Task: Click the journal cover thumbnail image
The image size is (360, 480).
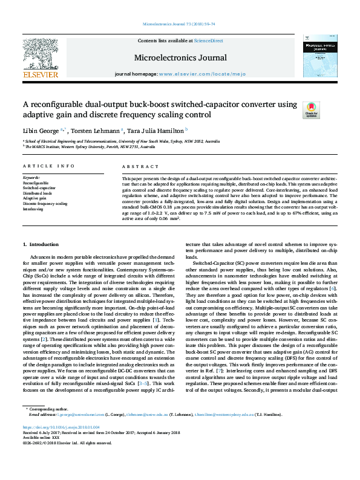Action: (x=319, y=56)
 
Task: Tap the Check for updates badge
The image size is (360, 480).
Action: (x=311, y=109)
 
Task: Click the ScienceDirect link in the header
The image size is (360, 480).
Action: (x=208, y=41)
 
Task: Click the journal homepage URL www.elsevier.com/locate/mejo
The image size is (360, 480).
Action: (x=193, y=74)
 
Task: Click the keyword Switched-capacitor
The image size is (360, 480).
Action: (x=35, y=188)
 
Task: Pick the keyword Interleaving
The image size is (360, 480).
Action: (x=33, y=209)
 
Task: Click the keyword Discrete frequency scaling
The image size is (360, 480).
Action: (x=45, y=204)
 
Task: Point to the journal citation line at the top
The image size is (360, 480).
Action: (x=178, y=24)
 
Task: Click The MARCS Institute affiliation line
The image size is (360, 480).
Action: (x=115, y=146)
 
